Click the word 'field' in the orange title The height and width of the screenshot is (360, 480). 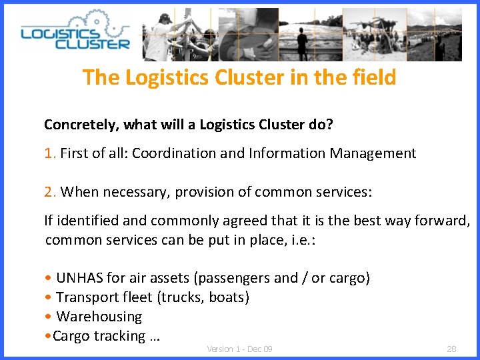371,77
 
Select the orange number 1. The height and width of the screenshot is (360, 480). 49,153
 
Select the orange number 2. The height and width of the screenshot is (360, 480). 49,192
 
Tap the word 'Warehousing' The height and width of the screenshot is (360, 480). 99,317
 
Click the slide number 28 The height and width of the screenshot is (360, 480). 451,349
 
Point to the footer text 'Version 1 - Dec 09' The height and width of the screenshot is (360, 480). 239,349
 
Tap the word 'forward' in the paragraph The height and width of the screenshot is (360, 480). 443,221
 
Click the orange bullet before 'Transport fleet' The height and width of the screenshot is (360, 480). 47,298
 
